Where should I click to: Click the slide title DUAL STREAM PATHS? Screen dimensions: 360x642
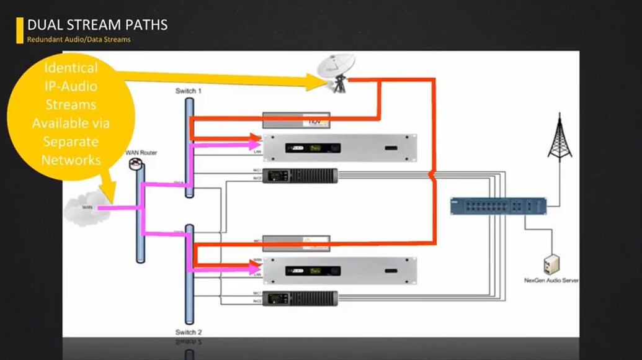tap(97, 25)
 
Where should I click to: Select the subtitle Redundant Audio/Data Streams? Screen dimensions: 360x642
tap(79, 40)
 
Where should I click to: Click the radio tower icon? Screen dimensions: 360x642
tap(559, 138)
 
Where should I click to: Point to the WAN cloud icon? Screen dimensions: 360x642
tap(87, 209)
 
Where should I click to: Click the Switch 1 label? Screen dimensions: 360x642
tap(189, 91)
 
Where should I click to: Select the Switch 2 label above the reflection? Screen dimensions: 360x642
tap(189, 332)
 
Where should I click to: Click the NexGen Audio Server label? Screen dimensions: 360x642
tap(551, 281)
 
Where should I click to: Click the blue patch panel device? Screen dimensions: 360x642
tap(499, 206)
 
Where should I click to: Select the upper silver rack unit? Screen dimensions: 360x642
tap(339, 147)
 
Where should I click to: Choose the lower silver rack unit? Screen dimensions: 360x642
tap(339, 271)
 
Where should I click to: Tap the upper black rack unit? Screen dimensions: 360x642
tap(300, 176)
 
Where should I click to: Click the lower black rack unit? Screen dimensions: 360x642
tap(300, 299)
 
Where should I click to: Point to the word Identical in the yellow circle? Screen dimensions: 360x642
tap(71, 68)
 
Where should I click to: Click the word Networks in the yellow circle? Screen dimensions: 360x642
tap(71, 160)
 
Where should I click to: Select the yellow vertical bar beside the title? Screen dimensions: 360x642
tap(20, 30)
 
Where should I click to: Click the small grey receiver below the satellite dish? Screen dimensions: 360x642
tap(296, 120)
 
